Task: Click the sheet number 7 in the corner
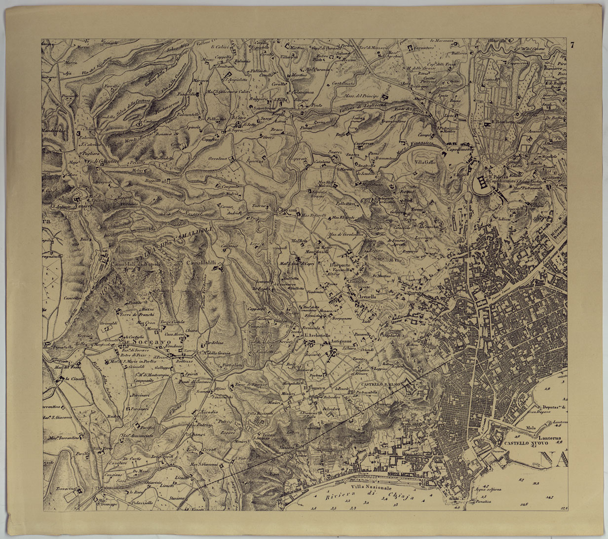click(572, 45)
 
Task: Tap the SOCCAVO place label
click(144, 341)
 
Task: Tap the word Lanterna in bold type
click(542, 437)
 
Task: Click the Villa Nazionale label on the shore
click(369, 487)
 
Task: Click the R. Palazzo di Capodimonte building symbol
click(482, 183)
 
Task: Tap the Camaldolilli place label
click(203, 263)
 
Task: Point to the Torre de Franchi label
click(144, 314)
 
